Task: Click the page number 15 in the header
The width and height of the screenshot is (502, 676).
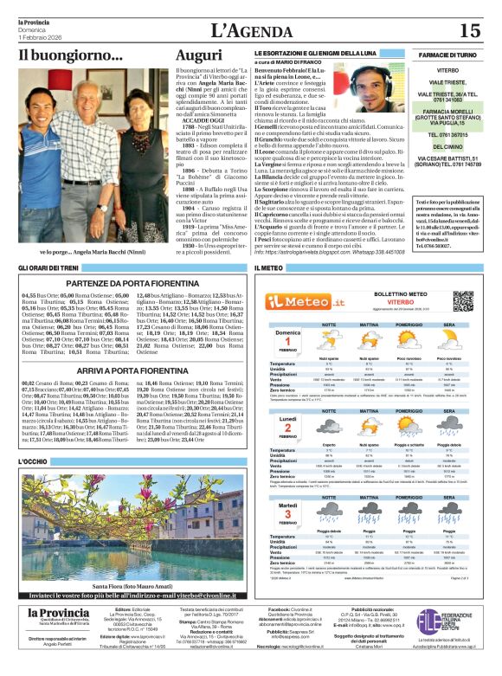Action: pos(468,31)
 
